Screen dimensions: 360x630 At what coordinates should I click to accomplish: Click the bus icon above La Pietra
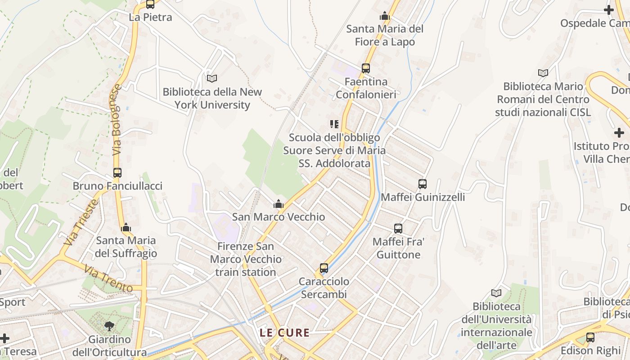pyautogui.click(x=150, y=4)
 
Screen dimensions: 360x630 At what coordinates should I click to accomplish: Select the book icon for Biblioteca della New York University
pyautogui.click(x=211, y=78)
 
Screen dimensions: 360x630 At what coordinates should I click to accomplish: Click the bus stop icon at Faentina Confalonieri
pyautogui.click(x=366, y=68)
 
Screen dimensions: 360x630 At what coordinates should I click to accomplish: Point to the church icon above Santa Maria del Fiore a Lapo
pyautogui.click(x=384, y=16)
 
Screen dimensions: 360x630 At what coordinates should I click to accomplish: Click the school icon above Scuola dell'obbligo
pyautogui.click(x=334, y=124)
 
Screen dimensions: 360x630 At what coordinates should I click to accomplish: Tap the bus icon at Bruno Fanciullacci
pyautogui.click(x=117, y=173)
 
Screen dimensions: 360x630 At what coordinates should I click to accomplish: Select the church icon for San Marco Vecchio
pyautogui.click(x=279, y=204)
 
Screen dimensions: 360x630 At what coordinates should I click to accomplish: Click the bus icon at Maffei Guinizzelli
pyautogui.click(x=423, y=184)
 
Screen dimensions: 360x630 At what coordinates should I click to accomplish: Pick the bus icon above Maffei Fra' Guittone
pyautogui.click(x=398, y=229)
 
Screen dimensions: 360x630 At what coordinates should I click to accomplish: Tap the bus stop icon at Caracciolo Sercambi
pyautogui.click(x=324, y=268)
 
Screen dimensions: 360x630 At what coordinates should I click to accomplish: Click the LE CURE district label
pyautogui.click(x=284, y=333)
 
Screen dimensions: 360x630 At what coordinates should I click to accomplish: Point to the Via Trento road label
pyautogui.click(x=108, y=279)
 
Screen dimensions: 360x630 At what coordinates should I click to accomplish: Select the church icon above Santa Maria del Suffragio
pyautogui.click(x=126, y=227)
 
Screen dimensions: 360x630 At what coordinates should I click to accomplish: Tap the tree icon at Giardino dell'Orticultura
pyautogui.click(x=109, y=326)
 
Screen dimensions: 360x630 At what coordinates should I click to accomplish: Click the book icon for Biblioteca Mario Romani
pyautogui.click(x=543, y=73)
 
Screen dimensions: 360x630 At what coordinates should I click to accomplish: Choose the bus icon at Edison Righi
pyautogui.click(x=590, y=337)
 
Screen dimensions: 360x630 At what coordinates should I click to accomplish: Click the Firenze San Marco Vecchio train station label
pyautogui.click(x=245, y=259)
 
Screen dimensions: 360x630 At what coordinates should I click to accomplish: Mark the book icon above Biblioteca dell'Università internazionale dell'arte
pyautogui.click(x=496, y=293)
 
